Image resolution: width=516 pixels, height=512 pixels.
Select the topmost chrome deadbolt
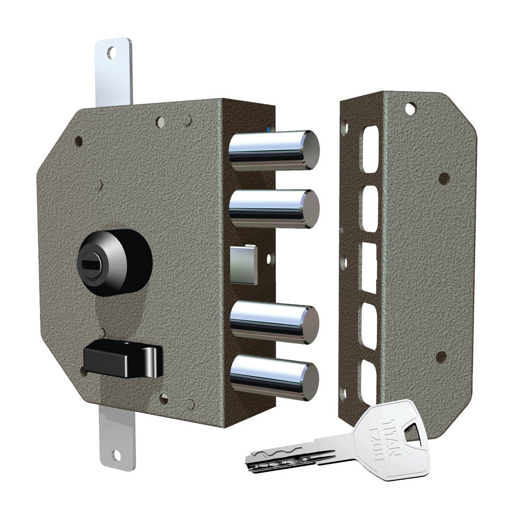tap(273, 150)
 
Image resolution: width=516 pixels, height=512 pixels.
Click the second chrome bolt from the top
tap(273, 209)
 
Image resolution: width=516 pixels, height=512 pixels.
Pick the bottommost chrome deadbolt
tap(273, 375)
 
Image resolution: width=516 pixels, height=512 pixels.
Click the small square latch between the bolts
tap(244, 265)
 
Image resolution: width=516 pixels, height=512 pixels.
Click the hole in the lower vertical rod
tap(116, 456)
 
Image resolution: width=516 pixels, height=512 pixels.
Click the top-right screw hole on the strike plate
tap(410, 109)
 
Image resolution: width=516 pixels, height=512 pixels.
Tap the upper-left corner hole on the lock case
tap(79, 141)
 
